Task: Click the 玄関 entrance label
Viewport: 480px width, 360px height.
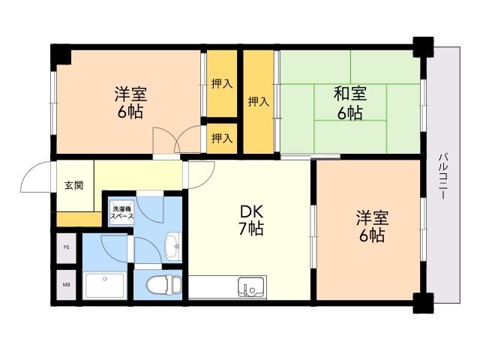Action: tap(73, 185)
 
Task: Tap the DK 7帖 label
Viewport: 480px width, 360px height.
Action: tap(251, 220)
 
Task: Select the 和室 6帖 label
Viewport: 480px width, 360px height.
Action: tap(350, 103)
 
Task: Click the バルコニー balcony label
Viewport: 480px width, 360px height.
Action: tap(442, 177)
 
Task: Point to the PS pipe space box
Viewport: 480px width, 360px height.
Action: tap(66, 247)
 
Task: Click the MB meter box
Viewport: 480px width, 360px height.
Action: tap(66, 285)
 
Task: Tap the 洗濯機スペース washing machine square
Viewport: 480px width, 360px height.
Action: tap(121, 213)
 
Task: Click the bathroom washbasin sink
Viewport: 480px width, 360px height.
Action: tap(172, 245)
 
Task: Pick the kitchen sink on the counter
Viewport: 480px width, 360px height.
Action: tap(250, 287)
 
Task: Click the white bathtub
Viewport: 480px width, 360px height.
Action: tap(105, 285)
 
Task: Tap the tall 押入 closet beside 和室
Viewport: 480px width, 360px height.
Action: tap(259, 102)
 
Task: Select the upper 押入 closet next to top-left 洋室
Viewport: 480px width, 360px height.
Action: tap(222, 83)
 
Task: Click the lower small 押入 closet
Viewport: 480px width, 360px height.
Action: tap(222, 138)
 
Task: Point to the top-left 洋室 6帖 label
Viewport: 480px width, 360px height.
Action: tap(130, 103)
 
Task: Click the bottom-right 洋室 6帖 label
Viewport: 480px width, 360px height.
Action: tap(372, 226)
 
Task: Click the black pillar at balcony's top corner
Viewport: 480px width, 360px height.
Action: tap(423, 46)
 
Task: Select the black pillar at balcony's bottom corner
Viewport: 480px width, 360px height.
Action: tap(423, 303)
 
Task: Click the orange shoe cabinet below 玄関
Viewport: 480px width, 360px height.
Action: tap(79, 219)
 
